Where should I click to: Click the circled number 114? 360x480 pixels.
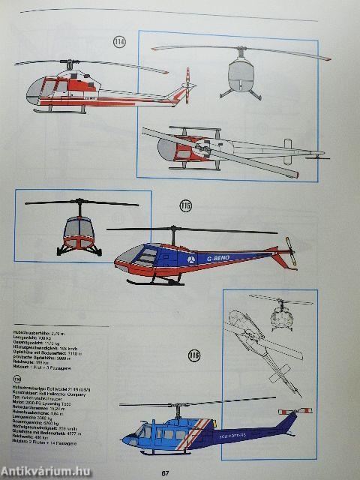tap(119, 41)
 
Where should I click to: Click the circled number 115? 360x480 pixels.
tap(185, 206)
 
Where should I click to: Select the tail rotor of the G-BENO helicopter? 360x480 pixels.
tap(292, 253)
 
